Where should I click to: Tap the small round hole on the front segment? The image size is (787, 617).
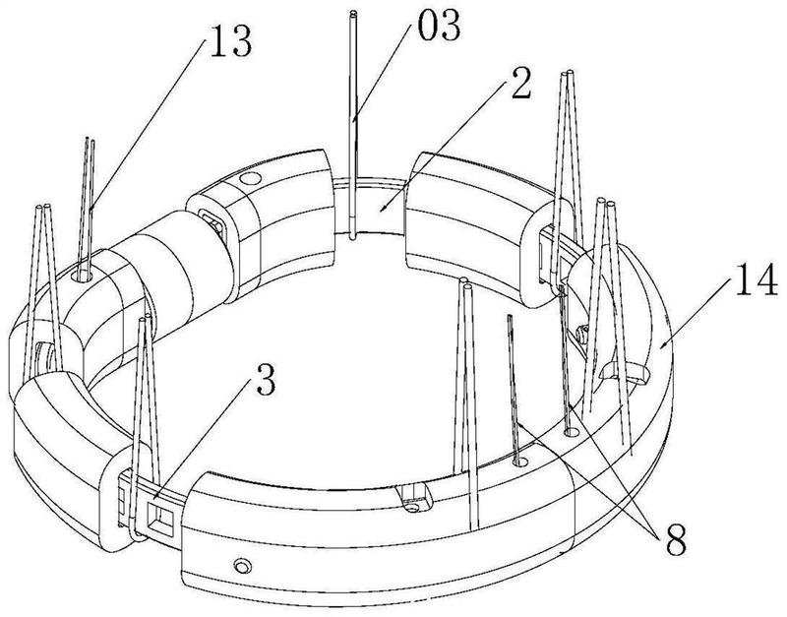pyautogui.click(x=239, y=567)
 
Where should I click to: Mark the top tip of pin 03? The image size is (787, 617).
pyautogui.click(x=354, y=14)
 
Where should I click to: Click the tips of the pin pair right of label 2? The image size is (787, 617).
pyautogui.click(x=567, y=73)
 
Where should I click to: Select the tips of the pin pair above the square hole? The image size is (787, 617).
pyautogui.click(x=147, y=318)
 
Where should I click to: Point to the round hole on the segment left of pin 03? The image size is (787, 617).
pyautogui.click(x=249, y=180)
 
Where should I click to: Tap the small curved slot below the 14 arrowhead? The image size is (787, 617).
pyautogui.click(x=635, y=372)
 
